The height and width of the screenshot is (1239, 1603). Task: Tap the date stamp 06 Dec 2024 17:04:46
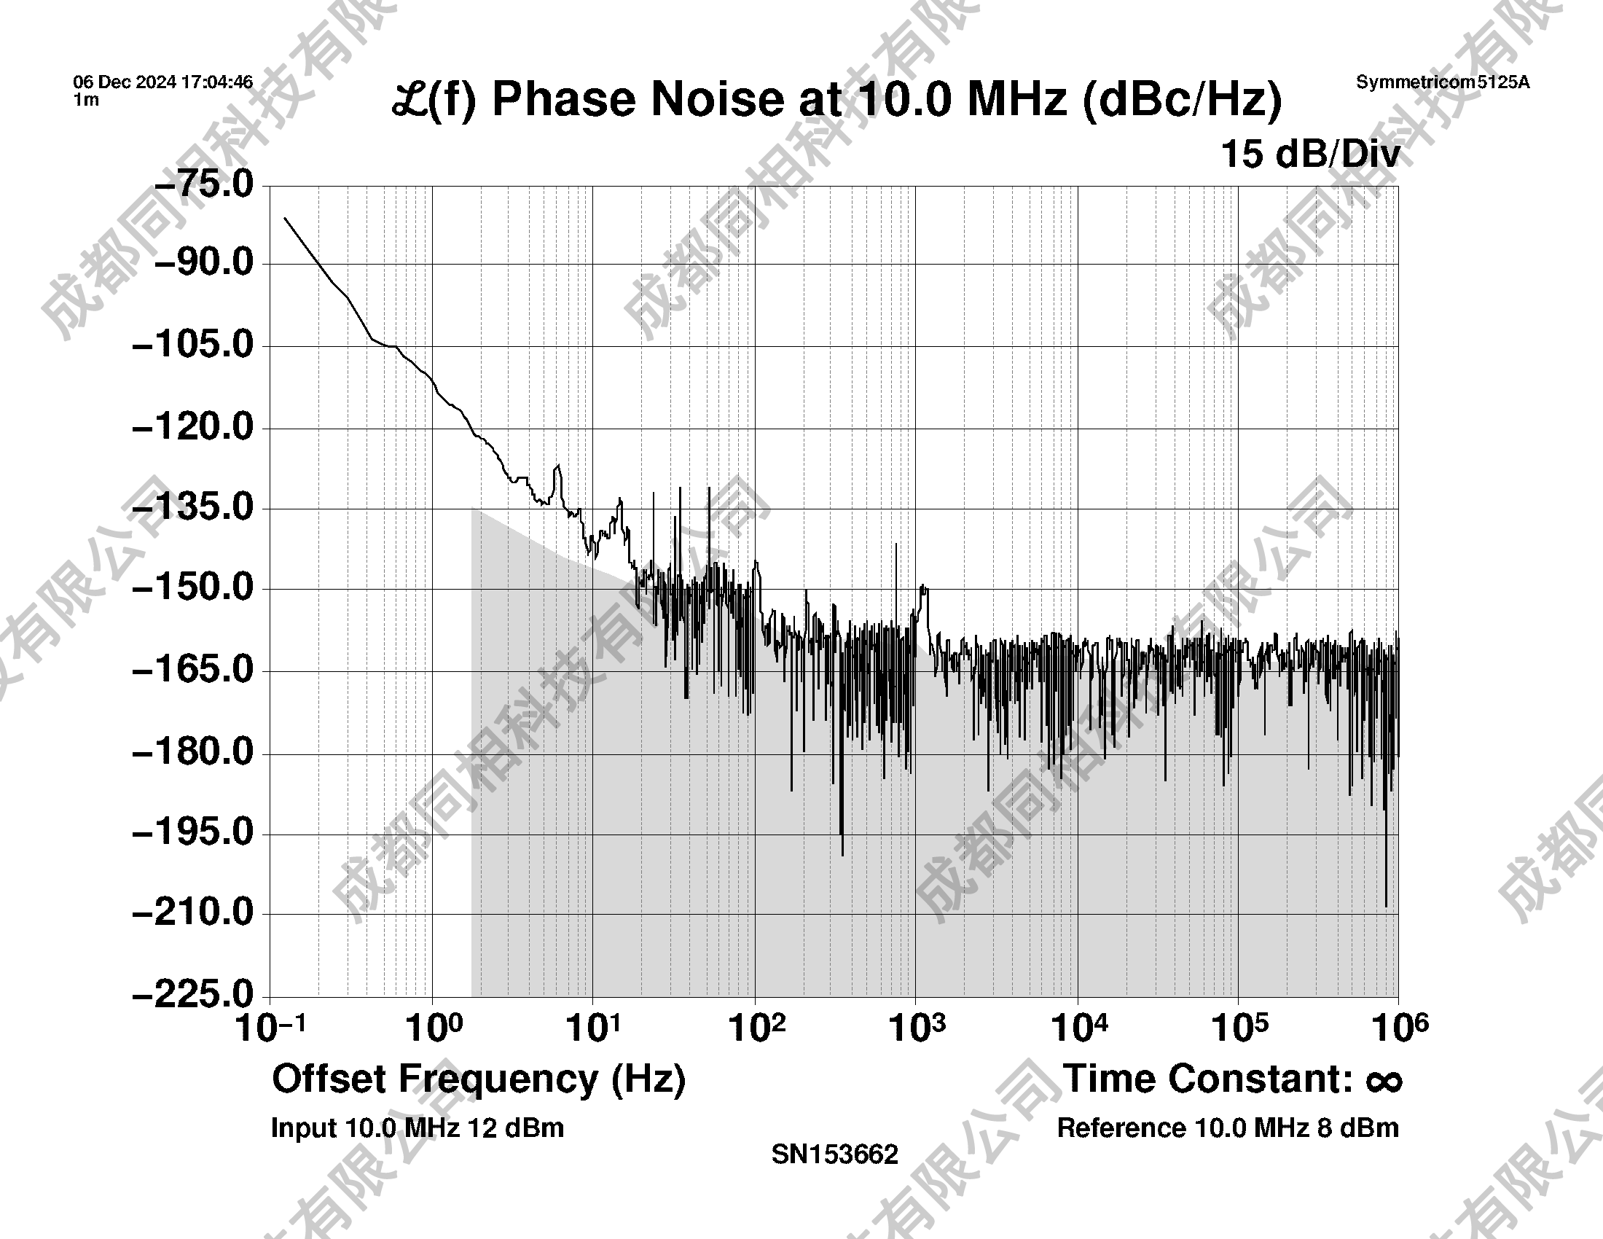coord(163,82)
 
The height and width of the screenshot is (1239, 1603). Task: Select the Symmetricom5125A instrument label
coord(1442,82)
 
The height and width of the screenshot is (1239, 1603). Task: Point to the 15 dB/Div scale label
coord(1310,155)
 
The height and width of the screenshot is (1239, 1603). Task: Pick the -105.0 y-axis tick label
coord(192,344)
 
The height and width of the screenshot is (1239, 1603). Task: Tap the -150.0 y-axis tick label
coord(192,587)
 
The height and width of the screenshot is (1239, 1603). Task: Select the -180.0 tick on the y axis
coord(192,751)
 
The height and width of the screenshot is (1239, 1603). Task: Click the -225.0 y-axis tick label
coord(192,995)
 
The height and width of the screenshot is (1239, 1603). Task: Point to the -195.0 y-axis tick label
coord(192,832)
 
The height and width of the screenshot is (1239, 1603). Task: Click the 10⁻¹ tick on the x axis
coord(270,1028)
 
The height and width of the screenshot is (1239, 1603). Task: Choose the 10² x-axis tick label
coord(756,1028)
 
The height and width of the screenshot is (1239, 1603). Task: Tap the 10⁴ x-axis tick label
coord(1079,1028)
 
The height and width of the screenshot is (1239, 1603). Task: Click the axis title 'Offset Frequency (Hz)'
coord(479,1079)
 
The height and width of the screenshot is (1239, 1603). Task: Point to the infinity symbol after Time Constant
coord(1384,1081)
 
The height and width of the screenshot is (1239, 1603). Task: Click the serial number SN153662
coord(834,1154)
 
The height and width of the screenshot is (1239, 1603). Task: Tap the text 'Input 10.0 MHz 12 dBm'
coord(417,1128)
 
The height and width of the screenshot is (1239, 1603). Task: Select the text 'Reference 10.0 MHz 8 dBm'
coord(1227,1128)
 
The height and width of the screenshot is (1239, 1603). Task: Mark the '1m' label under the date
coord(86,101)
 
